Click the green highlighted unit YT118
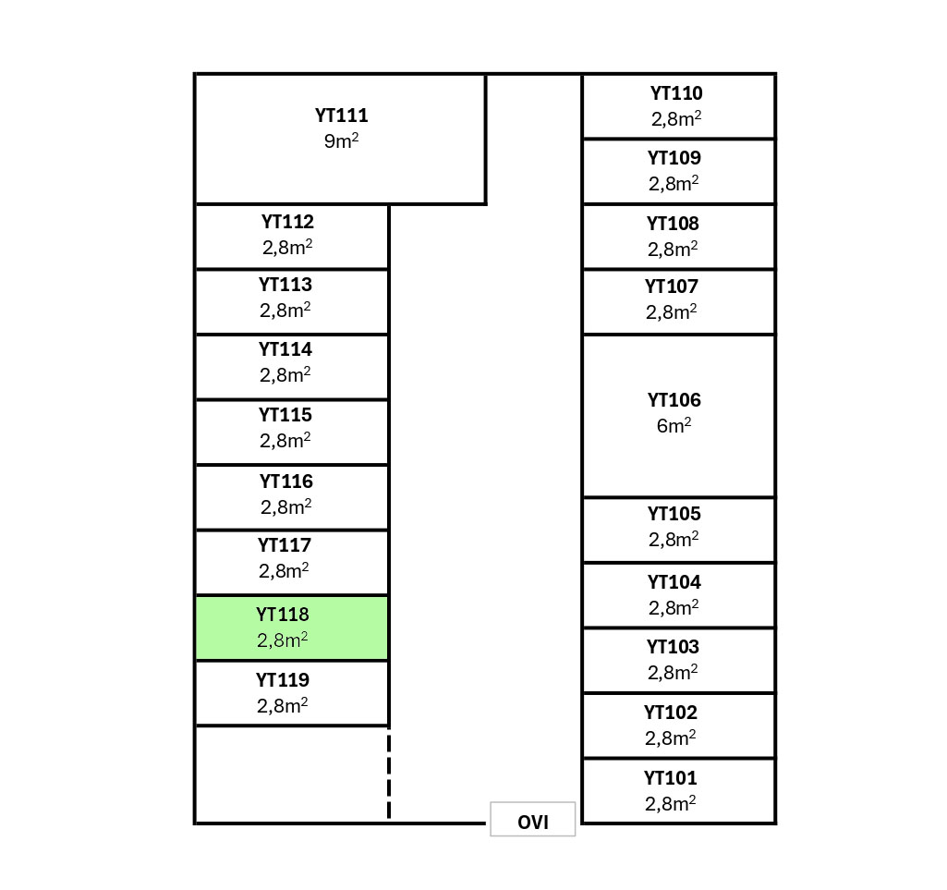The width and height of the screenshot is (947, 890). point(291,628)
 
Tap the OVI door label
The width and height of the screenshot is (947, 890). point(533,822)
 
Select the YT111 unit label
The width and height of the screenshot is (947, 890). point(342,116)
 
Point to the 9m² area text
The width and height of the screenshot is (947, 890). point(341,141)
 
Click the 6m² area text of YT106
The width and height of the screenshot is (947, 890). point(674,426)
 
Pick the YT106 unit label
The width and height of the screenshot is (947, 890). point(674,400)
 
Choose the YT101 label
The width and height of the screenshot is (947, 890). point(671,778)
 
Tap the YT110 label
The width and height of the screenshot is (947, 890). point(676,93)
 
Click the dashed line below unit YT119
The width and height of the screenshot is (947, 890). point(389,774)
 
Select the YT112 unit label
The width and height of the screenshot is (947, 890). point(287,222)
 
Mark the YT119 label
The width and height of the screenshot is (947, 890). point(283,680)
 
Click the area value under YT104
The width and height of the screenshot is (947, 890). point(674,607)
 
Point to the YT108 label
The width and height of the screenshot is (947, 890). point(673,224)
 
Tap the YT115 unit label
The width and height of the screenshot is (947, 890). point(285,415)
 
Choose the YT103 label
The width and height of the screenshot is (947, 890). point(673,647)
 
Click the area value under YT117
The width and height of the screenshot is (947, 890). point(285,571)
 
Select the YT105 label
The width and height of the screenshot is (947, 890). point(674,514)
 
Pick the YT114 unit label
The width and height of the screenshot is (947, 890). point(285,349)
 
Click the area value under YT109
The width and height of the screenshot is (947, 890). point(674,183)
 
